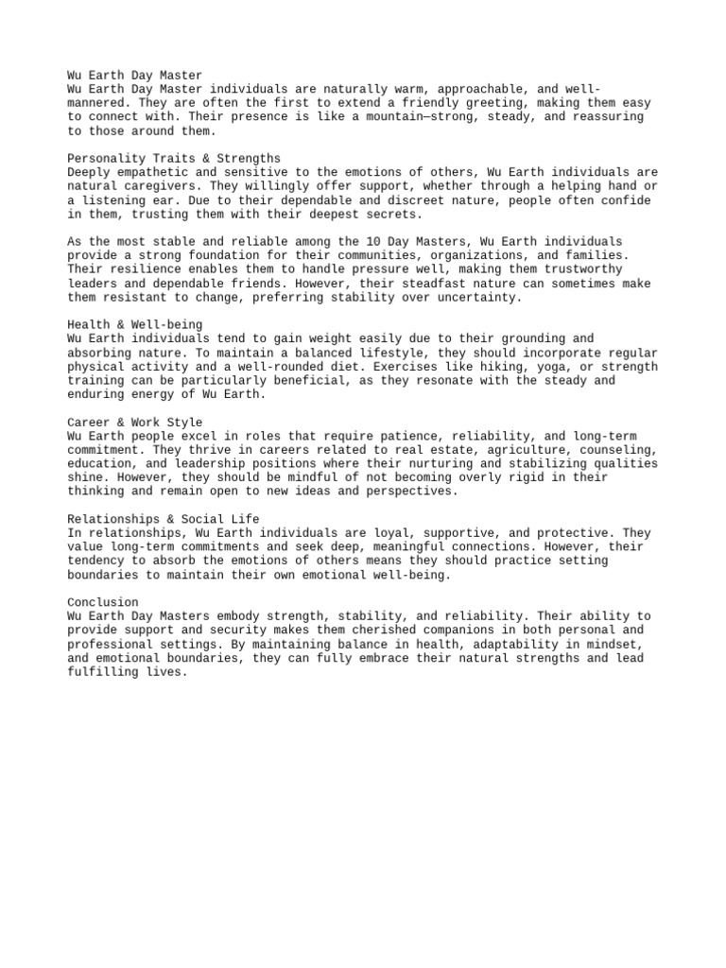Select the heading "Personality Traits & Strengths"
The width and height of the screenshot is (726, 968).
pos(174,158)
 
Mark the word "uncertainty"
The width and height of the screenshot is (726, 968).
pos(479,297)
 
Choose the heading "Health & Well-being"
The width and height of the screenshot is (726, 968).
pos(135,324)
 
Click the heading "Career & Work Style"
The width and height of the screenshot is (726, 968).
pos(135,422)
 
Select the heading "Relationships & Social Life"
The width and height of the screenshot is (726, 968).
pos(164,519)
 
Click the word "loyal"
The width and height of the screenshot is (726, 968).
pos(401,533)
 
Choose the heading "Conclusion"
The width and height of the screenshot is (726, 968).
pos(103,602)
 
